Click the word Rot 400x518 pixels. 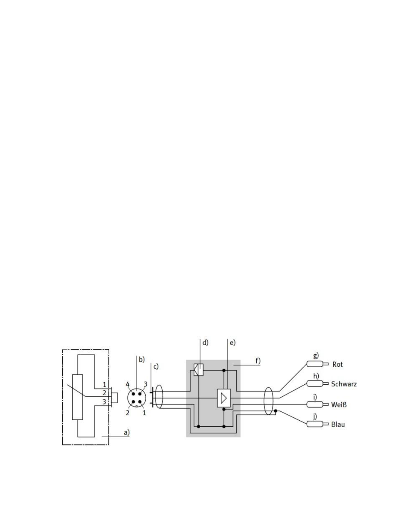pos(337,364)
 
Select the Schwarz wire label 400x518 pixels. pos(344,384)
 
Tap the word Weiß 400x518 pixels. pos(339,405)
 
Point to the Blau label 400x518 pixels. pos(338,425)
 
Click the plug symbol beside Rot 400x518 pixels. pos(317,364)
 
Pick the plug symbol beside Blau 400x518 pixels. pos(317,424)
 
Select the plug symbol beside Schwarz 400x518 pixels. pos(317,384)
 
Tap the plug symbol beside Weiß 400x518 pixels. pos(317,405)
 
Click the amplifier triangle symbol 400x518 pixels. pos(224,398)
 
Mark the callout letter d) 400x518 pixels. pos(205,343)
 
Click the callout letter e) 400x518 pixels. pos(232,343)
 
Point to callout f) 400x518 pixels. pos(258,361)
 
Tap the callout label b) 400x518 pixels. pos(142,359)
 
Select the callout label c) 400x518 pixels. pos(156,367)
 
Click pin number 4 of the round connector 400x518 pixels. pos(128,384)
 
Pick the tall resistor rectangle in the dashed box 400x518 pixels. pos(77,397)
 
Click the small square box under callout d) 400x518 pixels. pos(199,370)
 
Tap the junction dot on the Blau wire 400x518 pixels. pos(276,411)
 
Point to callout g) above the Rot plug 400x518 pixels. pos(316,356)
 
